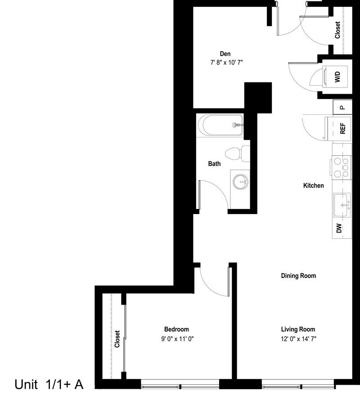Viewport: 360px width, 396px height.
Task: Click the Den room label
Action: coord(225,54)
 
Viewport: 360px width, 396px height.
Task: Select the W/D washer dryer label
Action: coord(337,76)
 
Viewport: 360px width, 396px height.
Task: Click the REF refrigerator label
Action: coord(342,128)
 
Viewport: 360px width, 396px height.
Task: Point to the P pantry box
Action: coord(342,107)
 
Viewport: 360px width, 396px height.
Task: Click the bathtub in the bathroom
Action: coord(220,125)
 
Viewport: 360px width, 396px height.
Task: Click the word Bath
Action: coord(214,164)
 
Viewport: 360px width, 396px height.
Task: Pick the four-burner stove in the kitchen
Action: coord(342,167)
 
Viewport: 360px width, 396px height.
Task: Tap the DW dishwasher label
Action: coord(339,228)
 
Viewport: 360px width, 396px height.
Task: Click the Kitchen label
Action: coord(313,186)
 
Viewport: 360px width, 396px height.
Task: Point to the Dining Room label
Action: coord(298,276)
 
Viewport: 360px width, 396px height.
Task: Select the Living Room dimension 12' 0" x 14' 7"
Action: coord(298,338)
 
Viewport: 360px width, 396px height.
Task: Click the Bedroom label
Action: coord(176,329)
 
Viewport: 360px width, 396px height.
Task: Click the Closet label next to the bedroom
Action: coord(117,338)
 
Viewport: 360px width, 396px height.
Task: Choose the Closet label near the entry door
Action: coord(337,30)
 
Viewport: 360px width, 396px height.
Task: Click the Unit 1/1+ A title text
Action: coord(49,384)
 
